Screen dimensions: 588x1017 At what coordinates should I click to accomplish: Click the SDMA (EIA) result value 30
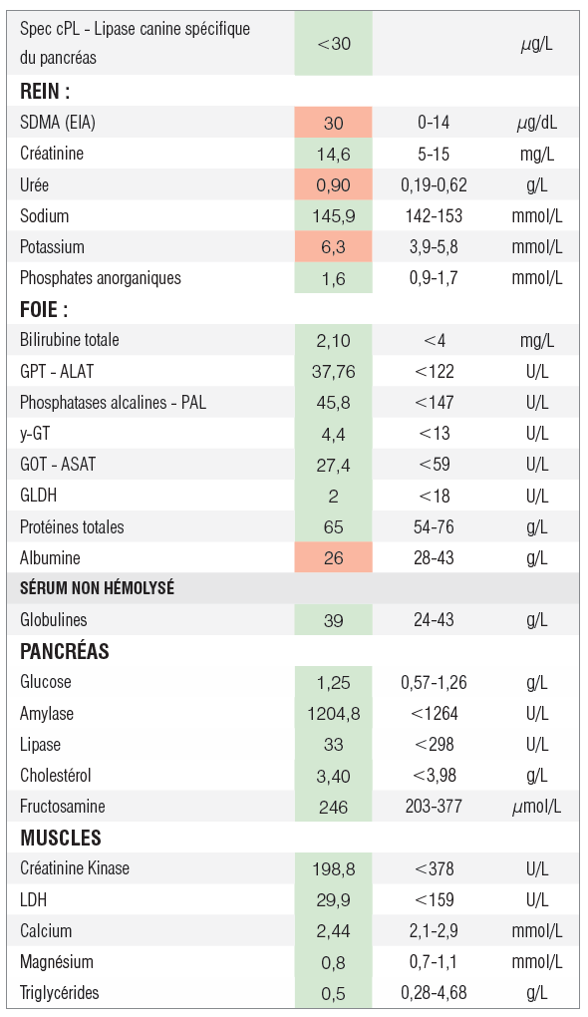click(x=333, y=123)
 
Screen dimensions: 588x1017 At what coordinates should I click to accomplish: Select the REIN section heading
click(x=45, y=91)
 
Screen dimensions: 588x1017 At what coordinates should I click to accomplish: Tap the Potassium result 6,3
click(x=333, y=247)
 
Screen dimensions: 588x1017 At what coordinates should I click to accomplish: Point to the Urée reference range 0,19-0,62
click(x=434, y=184)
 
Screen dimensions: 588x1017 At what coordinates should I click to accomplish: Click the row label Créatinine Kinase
click(x=75, y=867)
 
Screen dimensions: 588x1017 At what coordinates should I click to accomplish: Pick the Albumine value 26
click(x=333, y=557)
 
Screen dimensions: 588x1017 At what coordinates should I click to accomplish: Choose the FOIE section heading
click(x=44, y=309)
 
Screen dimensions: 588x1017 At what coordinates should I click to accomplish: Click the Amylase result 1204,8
click(x=334, y=714)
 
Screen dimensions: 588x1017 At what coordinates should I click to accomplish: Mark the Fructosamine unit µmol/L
click(x=537, y=807)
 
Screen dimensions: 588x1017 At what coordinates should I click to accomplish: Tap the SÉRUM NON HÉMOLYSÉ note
click(x=98, y=588)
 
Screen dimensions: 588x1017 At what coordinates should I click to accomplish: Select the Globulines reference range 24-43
click(x=434, y=620)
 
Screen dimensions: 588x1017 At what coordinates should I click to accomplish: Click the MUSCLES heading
click(x=60, y=838)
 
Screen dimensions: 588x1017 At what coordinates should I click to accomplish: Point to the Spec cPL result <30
click(x=334, y=44)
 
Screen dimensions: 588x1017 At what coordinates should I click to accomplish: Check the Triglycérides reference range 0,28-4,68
click(x=434, y=993)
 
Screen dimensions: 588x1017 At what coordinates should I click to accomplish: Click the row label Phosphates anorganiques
click(x=101, y=278)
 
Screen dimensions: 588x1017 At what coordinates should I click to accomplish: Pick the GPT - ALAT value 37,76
click(x=333, y=372)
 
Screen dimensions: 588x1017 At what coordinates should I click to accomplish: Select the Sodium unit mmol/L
click(x=537, y=216)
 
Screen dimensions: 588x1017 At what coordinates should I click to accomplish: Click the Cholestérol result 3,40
click(x=333, y=776)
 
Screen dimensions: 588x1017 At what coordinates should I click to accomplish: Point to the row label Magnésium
click(x=57, y=961)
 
